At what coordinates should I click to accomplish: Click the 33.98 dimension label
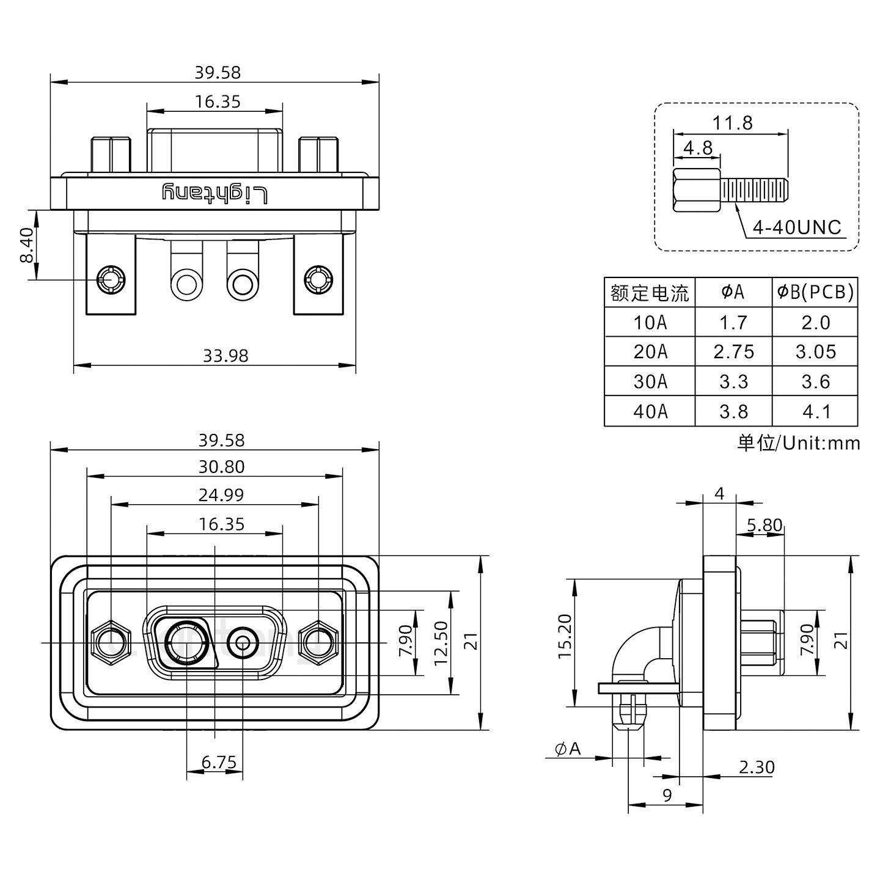coord(226,355)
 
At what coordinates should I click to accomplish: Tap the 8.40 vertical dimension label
coord(26,246)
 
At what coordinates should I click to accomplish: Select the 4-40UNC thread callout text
coord(796,228)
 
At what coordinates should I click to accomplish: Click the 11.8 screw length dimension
coord(732,123)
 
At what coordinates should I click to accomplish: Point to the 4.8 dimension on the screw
coord(697,148)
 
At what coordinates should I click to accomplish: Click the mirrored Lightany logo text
coord(215,193)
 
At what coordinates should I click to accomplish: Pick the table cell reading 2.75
coord(733,351)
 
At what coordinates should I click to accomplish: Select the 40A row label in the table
coord(650,411)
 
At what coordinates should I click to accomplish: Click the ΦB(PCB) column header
coord(815,293)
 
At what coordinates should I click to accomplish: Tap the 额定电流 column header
coord(650,293)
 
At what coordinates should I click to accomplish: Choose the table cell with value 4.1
coord(815,411)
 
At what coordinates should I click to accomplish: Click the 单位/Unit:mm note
coord(798,442)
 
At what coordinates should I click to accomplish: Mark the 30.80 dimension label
coord(221,467)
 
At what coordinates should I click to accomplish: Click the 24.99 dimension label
coord(221,494)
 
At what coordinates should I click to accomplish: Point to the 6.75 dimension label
coord(219,762)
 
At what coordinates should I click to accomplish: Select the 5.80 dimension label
coord(764,525)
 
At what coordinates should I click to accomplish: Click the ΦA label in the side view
coord(568,749)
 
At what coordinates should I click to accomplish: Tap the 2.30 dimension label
coord(756,767)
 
